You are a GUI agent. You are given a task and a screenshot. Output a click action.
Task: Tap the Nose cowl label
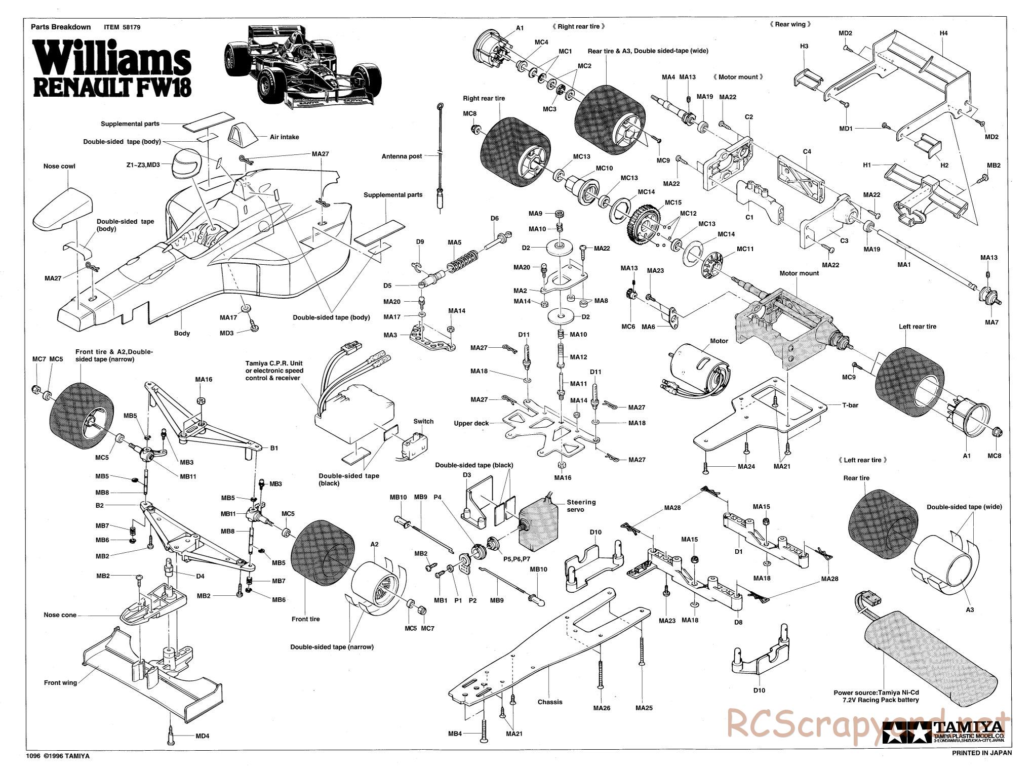click(59, 166)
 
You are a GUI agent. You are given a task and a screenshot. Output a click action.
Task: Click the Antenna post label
click(402, 156)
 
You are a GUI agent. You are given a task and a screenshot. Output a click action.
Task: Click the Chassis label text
click(550, 702)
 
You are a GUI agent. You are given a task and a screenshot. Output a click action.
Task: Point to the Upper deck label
click(471, 423)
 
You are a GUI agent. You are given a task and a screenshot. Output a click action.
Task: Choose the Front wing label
click(60, 682)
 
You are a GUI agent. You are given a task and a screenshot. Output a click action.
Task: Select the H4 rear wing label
click(943, 33)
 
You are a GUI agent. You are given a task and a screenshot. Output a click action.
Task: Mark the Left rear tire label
click(918, 327)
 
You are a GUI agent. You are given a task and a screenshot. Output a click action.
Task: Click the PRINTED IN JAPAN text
click(982, 766)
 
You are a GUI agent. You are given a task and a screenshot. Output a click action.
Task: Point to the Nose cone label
click(60, 615)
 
